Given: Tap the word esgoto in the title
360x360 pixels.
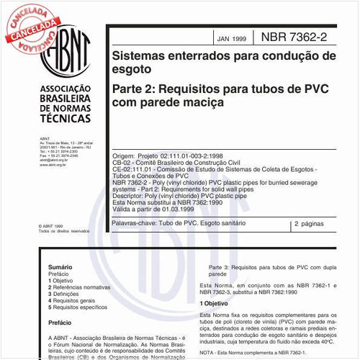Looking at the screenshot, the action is (131, 71).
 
